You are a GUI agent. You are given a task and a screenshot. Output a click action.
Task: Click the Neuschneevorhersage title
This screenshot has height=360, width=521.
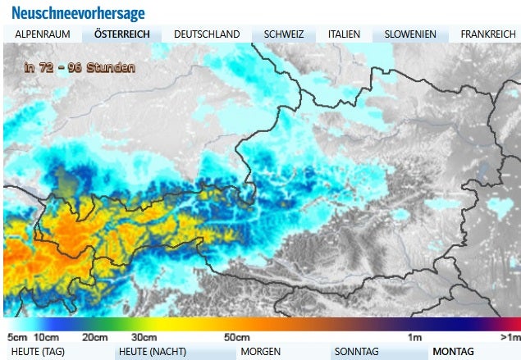tap(79, 13)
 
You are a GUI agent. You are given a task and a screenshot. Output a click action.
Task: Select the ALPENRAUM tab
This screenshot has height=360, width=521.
tap(43, 34)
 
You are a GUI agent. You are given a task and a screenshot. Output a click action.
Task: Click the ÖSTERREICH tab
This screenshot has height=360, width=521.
tap(121, 34)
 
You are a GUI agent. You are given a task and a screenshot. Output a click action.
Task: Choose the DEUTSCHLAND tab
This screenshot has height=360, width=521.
tap(208, 34)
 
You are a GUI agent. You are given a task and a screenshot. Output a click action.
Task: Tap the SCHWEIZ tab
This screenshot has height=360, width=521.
tap(284, 34)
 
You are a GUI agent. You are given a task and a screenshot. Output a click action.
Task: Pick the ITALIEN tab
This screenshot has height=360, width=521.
tap(344, 34)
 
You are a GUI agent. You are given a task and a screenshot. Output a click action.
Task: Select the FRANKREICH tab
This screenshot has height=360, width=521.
tap(488, 34)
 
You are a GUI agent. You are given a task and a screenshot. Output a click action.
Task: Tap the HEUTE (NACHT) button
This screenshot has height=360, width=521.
tap(153, 352)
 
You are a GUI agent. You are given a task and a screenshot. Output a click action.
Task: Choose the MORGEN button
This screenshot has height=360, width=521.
tap(261, 352)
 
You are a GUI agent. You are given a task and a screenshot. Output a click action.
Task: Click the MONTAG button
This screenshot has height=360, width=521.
tap(453, 352)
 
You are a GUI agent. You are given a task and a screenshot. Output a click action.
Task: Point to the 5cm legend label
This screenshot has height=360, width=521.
tap(17, 337)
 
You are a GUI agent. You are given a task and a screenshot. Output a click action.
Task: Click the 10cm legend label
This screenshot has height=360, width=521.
tap(46, 337)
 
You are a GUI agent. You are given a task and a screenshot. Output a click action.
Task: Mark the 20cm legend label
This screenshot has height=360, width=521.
tap(95, 337)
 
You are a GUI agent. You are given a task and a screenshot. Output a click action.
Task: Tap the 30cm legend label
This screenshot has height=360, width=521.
tap(144, 337)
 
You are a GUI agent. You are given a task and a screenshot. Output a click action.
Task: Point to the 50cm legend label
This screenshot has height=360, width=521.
tap(237, 337)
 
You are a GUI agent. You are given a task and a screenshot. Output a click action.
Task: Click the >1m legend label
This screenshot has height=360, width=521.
tap(510, 337)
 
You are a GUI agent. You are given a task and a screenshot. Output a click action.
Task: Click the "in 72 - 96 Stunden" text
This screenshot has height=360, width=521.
tap(79, 68)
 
